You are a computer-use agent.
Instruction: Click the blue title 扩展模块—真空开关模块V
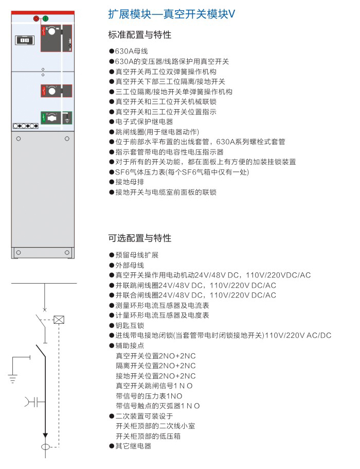point(171,14)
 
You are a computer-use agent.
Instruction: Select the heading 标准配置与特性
point(140,34)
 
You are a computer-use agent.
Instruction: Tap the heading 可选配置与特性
point(140,238)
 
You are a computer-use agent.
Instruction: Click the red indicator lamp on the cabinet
point(36,19)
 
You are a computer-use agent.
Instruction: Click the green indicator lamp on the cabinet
point(45,19)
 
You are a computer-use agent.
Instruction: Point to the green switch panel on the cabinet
point(57,117)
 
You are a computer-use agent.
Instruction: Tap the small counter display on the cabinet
point(25,40)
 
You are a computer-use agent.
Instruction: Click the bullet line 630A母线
point(129,51)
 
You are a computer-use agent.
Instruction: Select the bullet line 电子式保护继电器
point(141,121)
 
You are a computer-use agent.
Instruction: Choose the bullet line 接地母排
point(127,182)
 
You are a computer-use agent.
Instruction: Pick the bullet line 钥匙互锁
point(127,325)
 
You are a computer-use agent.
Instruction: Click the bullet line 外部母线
point(127,265)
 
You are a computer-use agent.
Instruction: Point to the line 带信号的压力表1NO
point(149,396)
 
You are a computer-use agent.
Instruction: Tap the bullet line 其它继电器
point(130,446)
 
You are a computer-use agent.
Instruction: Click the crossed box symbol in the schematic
point(59,320)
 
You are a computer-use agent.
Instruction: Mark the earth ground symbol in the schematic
point(12,379)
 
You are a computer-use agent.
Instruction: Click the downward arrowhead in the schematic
point(45,435)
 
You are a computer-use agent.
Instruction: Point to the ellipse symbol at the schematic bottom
point(45,447)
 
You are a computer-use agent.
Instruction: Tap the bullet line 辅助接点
point(127,345)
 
